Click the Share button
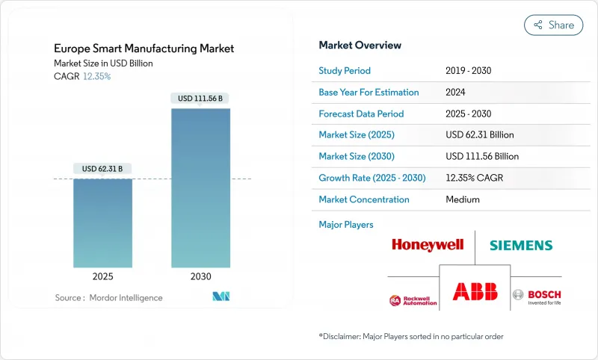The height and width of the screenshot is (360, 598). pos(553,25)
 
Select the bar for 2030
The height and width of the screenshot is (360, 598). pos(200,187)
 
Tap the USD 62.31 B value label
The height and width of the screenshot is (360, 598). pos(102,169)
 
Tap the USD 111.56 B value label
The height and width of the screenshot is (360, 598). pos(200,98)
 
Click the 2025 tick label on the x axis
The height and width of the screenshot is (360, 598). pos(102,276)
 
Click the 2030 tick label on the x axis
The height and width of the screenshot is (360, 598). pos(200,276)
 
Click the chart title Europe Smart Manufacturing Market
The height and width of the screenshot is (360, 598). pos(144,49)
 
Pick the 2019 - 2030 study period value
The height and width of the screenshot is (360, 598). pos(468,71)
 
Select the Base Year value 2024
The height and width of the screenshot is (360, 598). pos(455,93)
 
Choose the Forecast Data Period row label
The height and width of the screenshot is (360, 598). pos(361,114)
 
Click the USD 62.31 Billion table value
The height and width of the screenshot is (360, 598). pos(479,135)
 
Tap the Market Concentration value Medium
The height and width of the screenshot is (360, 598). pos(462,199)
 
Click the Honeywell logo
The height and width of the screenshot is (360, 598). pos(428,245)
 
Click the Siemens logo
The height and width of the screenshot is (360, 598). pos(521,245)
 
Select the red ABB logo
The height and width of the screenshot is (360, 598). pos(474,291)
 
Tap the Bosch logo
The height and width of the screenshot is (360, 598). pos(537,296)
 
